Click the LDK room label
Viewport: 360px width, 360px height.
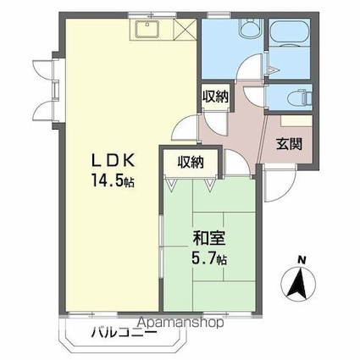(112, 160)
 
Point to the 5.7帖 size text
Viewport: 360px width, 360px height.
(208, 258)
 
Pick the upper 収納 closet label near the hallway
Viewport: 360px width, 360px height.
(215, 96)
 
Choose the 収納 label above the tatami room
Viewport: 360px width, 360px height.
(191, 162)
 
